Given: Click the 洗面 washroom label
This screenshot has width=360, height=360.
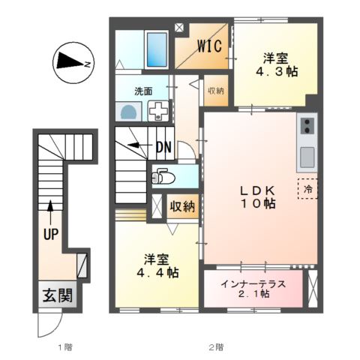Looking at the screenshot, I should (144, 91).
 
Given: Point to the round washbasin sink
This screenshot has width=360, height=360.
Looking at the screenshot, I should (130, 112).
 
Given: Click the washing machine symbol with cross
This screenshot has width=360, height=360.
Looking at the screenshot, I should (159, 111).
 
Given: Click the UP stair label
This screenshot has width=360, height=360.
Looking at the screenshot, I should (50, 235).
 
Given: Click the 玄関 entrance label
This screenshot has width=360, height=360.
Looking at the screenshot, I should (56, 295).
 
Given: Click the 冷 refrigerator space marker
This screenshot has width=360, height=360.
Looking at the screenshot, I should (307, 189).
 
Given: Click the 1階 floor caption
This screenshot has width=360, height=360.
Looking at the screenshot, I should (65, 347).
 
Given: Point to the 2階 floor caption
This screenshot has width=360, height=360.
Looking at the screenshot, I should (216, 347).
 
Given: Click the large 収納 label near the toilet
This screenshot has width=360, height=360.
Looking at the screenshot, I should (182, 205).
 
